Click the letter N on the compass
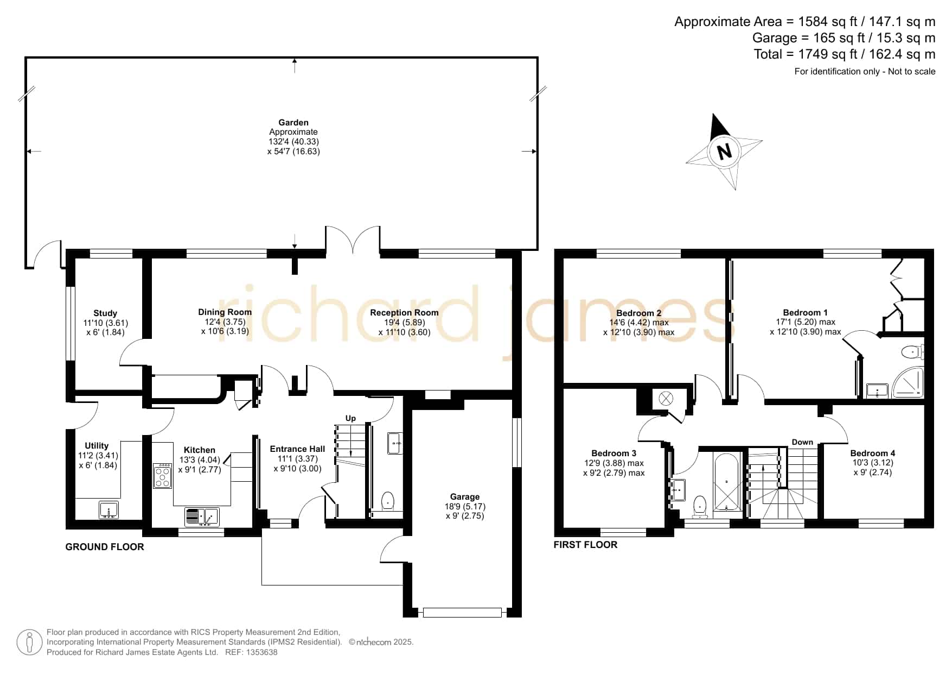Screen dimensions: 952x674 [724, 151]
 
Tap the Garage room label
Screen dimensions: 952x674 [465, 496]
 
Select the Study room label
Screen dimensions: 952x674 [105, 313]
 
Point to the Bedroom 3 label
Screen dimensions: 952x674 [614, 453]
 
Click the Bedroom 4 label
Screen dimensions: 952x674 [872, 453]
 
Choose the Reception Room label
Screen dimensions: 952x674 [404, 312]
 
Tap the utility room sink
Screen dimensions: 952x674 [109, 511]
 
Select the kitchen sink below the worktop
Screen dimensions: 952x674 [201, 517]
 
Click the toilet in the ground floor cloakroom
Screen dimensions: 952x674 [388, 501]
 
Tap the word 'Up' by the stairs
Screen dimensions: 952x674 [350, 418]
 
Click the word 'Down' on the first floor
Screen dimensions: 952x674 [802, 442]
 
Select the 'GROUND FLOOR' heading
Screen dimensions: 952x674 [105, 547]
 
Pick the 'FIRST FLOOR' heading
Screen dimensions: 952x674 [585, 545]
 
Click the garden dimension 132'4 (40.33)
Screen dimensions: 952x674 [293, 142]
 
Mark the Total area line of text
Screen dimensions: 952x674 [845, 54]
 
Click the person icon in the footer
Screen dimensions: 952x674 [29, 642]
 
